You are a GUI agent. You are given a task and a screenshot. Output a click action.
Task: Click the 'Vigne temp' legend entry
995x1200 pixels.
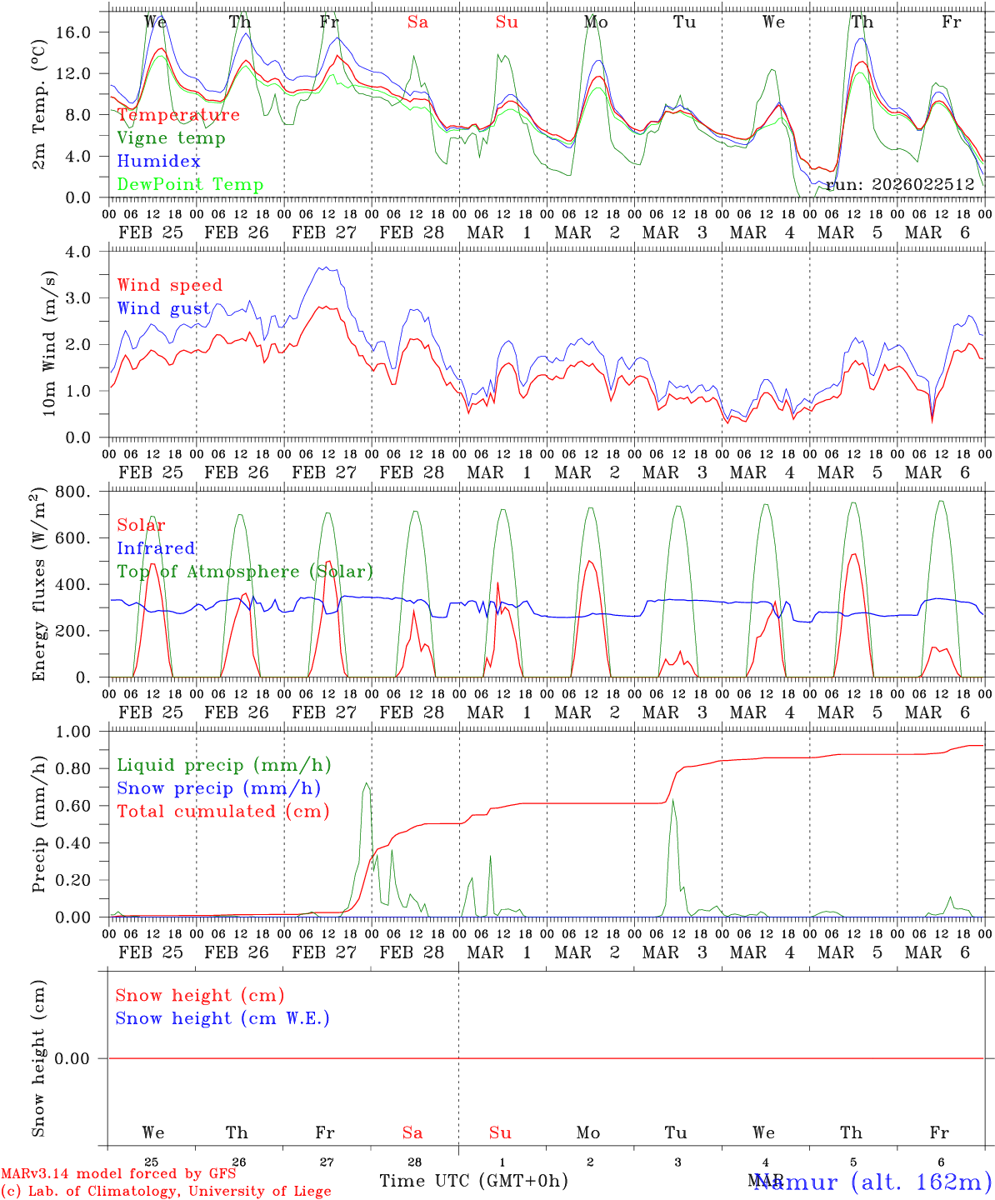click(171, 138)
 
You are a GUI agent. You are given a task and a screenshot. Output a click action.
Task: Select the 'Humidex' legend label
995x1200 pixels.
click(158, 162)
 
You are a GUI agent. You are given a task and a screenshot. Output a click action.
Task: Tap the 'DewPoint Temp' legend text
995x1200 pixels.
click(190, 185)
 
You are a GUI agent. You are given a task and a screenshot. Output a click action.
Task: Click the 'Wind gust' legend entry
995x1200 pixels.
click(163, 308)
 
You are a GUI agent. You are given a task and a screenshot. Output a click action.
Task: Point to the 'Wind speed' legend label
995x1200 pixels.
click(170, 285)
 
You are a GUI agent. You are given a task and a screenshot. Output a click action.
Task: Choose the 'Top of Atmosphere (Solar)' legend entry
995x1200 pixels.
click(245, 572)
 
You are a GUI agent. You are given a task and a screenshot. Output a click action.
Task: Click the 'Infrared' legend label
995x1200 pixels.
click(156, 548)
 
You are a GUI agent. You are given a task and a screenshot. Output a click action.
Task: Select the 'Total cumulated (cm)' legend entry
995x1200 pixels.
click(222, 812)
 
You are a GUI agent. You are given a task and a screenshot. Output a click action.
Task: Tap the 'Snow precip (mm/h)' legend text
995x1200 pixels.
click(218, 788)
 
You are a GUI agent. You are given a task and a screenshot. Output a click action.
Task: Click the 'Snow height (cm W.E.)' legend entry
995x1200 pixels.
click(222, 1018)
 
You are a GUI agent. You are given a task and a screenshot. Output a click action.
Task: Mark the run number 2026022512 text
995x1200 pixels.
click(900, 185)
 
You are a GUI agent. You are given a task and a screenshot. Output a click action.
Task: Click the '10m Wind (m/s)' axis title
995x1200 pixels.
click(50, 343)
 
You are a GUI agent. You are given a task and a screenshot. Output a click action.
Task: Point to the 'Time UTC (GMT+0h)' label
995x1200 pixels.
click(473, 1181)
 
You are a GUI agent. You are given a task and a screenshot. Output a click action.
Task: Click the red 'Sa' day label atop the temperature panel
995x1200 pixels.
click(417, 22)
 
